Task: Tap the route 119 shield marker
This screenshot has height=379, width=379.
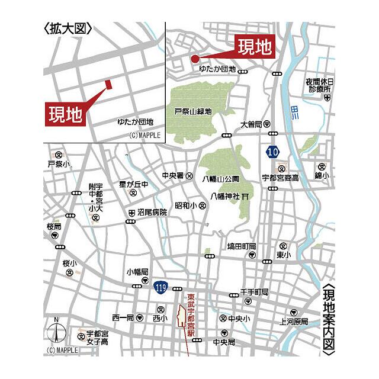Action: [x=159, y=287]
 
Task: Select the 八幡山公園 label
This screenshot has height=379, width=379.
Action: [x=220, y=178]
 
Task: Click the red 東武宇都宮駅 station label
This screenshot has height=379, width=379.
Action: [x=191, y=315]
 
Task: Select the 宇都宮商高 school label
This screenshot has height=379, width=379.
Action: [x=280, y=178]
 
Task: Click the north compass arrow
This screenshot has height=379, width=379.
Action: [x=56, y=333]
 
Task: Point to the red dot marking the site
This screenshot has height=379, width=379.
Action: [x=194, y=57]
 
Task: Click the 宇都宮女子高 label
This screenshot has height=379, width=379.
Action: [x=97, y=337]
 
